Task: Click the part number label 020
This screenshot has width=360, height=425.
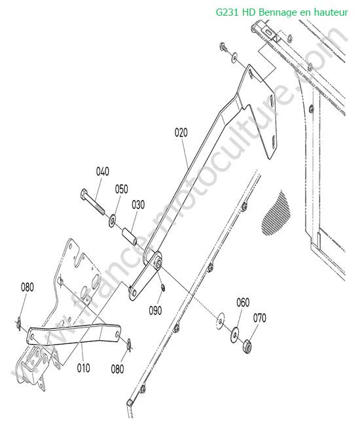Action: coord(181,133)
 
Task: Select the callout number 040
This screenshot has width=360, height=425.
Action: coord(103,171)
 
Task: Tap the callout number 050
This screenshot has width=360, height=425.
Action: coord(121,189)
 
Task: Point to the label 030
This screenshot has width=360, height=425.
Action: coord(138,205)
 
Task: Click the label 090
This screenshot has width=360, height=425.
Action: coord(155,311)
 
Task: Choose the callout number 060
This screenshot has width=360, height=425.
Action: coord(243,303)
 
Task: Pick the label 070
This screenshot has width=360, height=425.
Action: coord(260,318)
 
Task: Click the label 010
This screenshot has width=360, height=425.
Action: coord(83,368)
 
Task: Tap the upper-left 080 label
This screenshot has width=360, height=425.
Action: coord(27,287)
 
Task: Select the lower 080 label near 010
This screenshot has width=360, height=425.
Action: coord(117,369)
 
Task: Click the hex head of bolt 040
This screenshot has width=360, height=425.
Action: coord(84,194)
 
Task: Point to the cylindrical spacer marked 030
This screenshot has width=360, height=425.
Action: coord(129,237)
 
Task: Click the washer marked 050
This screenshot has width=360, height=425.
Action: coord(112,220)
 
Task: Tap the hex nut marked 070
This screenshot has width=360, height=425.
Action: coord(247,346)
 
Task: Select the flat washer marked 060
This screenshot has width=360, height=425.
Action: coord(234,335)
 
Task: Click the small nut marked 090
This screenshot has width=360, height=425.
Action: coord(163,288)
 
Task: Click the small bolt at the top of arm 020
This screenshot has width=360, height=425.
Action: coord(223,46)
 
